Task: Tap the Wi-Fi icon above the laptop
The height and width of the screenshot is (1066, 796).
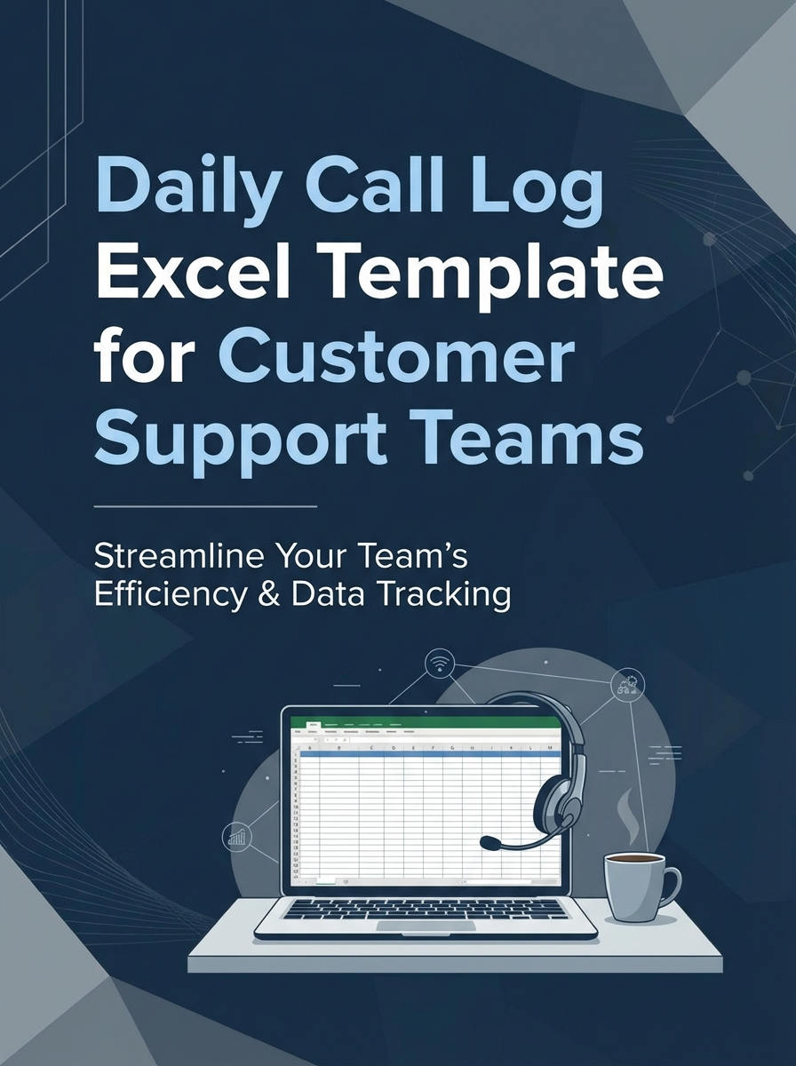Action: (439, 663)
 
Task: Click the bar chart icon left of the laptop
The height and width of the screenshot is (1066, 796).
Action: (237, 837)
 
